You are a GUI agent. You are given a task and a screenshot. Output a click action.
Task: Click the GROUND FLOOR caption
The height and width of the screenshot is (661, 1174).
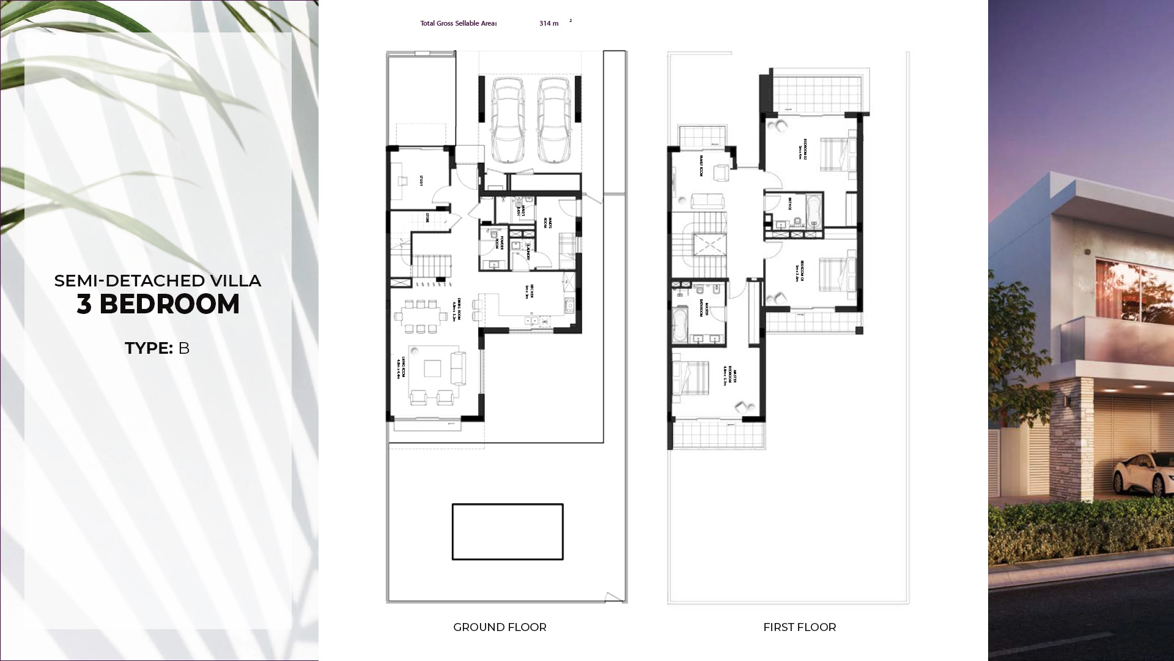coord(500,627)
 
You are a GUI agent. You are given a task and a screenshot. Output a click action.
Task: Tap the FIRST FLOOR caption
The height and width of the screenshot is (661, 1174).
coord(799,627)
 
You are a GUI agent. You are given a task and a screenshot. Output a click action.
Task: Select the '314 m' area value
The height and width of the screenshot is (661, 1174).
coord(548,23)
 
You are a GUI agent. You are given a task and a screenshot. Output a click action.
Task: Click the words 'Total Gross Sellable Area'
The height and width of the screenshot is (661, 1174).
coord(458,23)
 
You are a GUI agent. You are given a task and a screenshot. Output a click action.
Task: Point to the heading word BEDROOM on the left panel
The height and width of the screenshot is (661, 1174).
coord(169,304)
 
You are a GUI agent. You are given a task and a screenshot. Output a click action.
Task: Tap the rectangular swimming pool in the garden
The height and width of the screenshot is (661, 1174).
coord(508,531)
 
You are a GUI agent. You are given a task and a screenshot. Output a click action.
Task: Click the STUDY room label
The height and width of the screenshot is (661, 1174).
coord(421,181)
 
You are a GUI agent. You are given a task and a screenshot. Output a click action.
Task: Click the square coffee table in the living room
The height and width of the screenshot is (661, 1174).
coord(432,368)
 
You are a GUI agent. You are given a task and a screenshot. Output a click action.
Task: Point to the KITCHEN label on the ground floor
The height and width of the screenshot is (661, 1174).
coord(532,291)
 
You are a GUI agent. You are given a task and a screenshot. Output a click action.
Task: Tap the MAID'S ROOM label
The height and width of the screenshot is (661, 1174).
coord(549,222)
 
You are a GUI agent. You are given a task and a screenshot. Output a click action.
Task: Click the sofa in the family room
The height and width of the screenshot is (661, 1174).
coord(707,201)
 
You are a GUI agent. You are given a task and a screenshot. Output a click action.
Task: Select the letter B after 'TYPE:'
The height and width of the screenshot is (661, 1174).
coord(183,348)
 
